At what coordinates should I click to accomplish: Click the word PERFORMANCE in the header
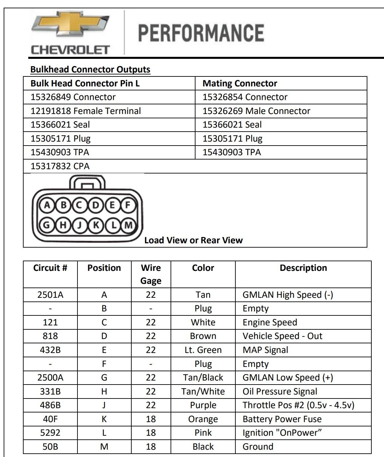[x=201, y=33]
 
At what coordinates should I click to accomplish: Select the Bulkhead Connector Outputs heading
[x=90, y=69]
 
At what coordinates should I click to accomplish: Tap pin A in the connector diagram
[x=47, y=205]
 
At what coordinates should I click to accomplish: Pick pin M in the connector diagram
[x=128, y=225]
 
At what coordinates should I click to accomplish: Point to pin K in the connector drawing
[x=96, y=225]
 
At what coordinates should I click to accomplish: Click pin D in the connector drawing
[x=96, y=205]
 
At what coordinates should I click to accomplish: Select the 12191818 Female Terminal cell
[x=86, y=111]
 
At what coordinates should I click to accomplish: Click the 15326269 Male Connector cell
[x=256, y=111]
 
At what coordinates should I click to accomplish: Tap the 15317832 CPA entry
[x=60, y=166]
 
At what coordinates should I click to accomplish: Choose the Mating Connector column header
[x=240, y=83]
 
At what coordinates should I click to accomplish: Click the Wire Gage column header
[x=151, y=274]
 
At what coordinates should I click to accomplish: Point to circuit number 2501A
[x=50, y=295]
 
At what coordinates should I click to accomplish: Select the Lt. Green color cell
[x=203, y=350]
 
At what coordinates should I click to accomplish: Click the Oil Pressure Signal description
[x=280, y=392]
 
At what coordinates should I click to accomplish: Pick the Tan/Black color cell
[x=203, y=378]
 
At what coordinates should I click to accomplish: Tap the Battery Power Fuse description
[x=282, y=419]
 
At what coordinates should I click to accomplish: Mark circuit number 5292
[x=50, y=433]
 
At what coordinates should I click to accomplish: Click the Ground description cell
[x=258, y=447]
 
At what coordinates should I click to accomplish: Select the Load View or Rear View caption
[x=193, y=240]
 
